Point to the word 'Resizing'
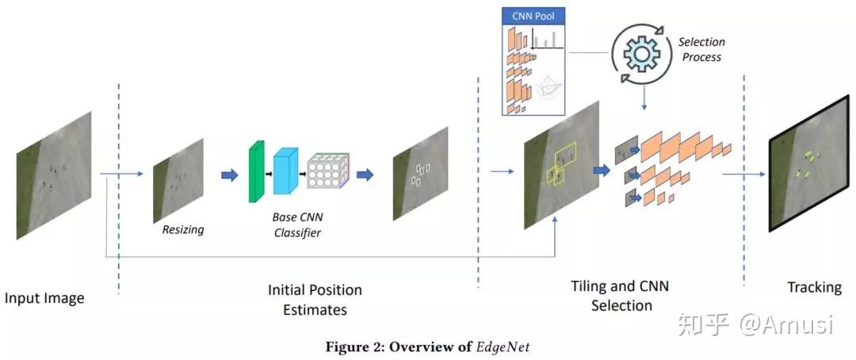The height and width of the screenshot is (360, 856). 183,230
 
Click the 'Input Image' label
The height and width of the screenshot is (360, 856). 44,298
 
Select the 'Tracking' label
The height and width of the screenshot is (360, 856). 814,286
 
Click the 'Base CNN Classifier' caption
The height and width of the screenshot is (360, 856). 298,225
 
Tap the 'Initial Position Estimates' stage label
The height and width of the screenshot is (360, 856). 315,300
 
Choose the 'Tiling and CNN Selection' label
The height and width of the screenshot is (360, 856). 621,295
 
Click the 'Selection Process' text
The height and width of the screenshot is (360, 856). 701,49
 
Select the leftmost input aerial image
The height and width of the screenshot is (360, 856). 54,174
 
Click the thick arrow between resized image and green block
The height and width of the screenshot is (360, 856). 229,175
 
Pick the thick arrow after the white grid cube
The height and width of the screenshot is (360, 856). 365,175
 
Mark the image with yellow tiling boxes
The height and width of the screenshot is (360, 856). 558,167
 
